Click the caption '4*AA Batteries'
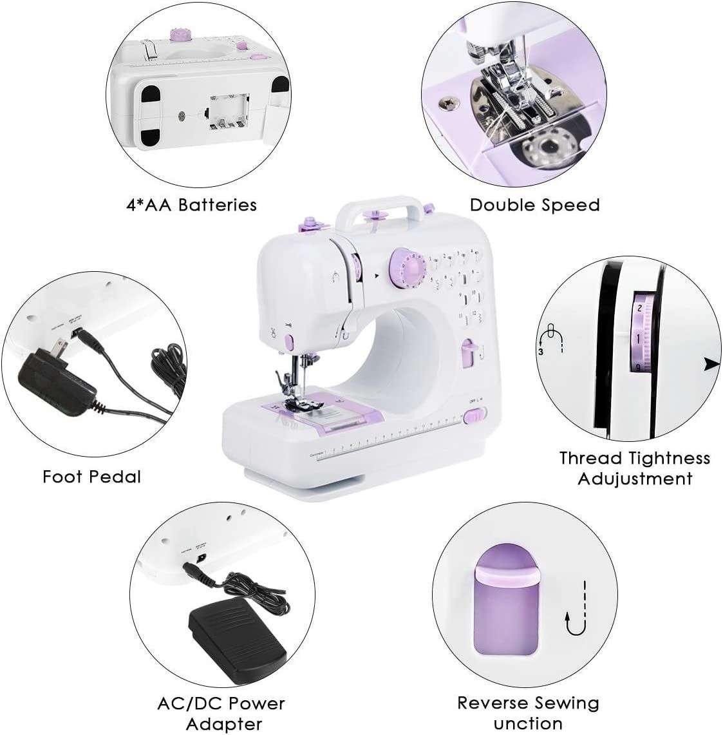pyautogui.click(x=191, y=205)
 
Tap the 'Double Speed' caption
pyautogui.click(x=534, y=205)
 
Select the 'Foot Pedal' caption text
pyautogui.click(x=91, y=477)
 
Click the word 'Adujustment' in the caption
pyautogui.click(x=634, y=479)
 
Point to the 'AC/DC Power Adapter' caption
pyautogui.click(x=221, y=712)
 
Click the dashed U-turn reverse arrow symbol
pyautogui.click(x=576, y=609)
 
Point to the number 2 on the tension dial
pyautogui.click(x=639, y=309)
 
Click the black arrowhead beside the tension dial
pyautogui.click(x=711, y=364)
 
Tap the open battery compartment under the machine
pyautogui.click(x=227, y=110)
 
